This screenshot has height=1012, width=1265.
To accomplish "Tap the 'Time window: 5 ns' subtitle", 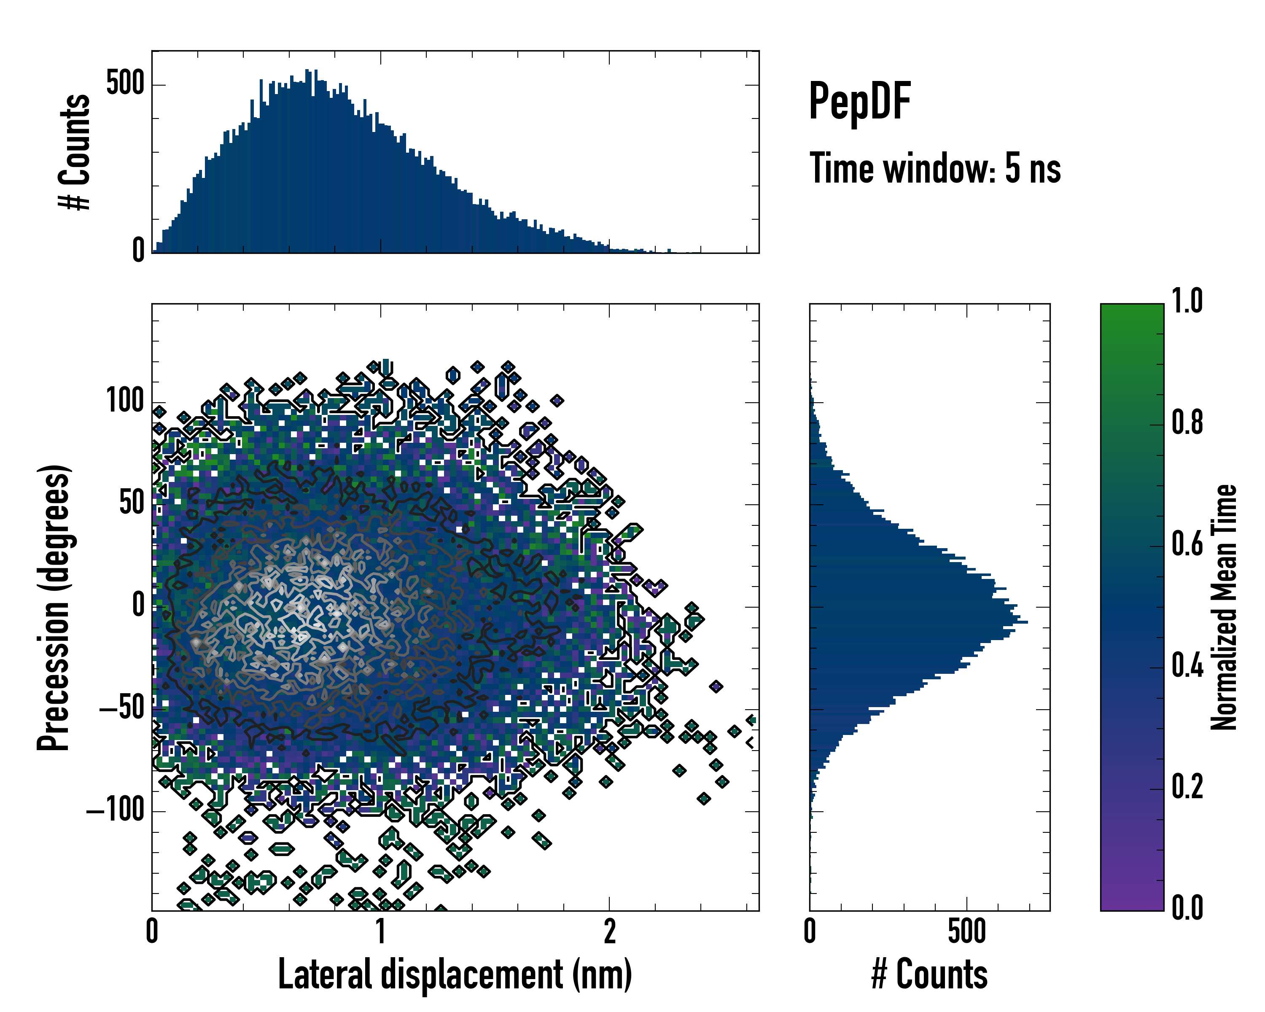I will pos(935,168).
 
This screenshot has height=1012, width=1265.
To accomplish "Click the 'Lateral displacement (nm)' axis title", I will pos(455,974).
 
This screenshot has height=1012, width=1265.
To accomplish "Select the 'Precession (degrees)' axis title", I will pos(54,607).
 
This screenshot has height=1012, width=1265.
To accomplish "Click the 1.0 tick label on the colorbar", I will pos(1187,301).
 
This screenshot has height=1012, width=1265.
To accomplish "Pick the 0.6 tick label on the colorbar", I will pos(1187,544).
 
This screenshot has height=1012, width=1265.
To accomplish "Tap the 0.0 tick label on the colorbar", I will pos(1187,907).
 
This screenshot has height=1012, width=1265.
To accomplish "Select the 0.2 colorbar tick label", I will pos(1187,787).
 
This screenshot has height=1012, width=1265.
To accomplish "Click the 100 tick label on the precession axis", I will pos(125,402).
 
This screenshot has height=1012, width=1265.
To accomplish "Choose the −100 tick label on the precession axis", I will pos(116,811).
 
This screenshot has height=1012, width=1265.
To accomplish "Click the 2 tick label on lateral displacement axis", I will pos(610,931).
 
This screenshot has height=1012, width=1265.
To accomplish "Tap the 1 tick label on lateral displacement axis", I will pos(381,931).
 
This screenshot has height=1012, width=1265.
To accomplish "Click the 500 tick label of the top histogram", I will pos(125,84).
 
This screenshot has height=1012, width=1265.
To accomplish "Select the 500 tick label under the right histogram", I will pos(966,931).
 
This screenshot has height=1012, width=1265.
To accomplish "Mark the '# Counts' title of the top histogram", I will pos(75,152).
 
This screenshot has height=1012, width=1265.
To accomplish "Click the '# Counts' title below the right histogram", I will pos(929,974).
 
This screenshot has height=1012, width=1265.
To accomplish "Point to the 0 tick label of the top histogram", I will pos(138,251).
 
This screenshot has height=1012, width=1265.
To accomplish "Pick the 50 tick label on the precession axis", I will pos(132,503).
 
